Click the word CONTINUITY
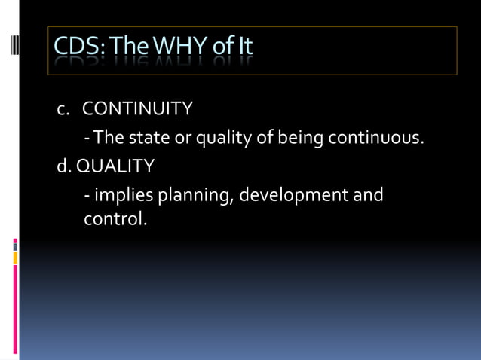pos(137,109)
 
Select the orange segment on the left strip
pos(15,258)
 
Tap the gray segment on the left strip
pos(15,245)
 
